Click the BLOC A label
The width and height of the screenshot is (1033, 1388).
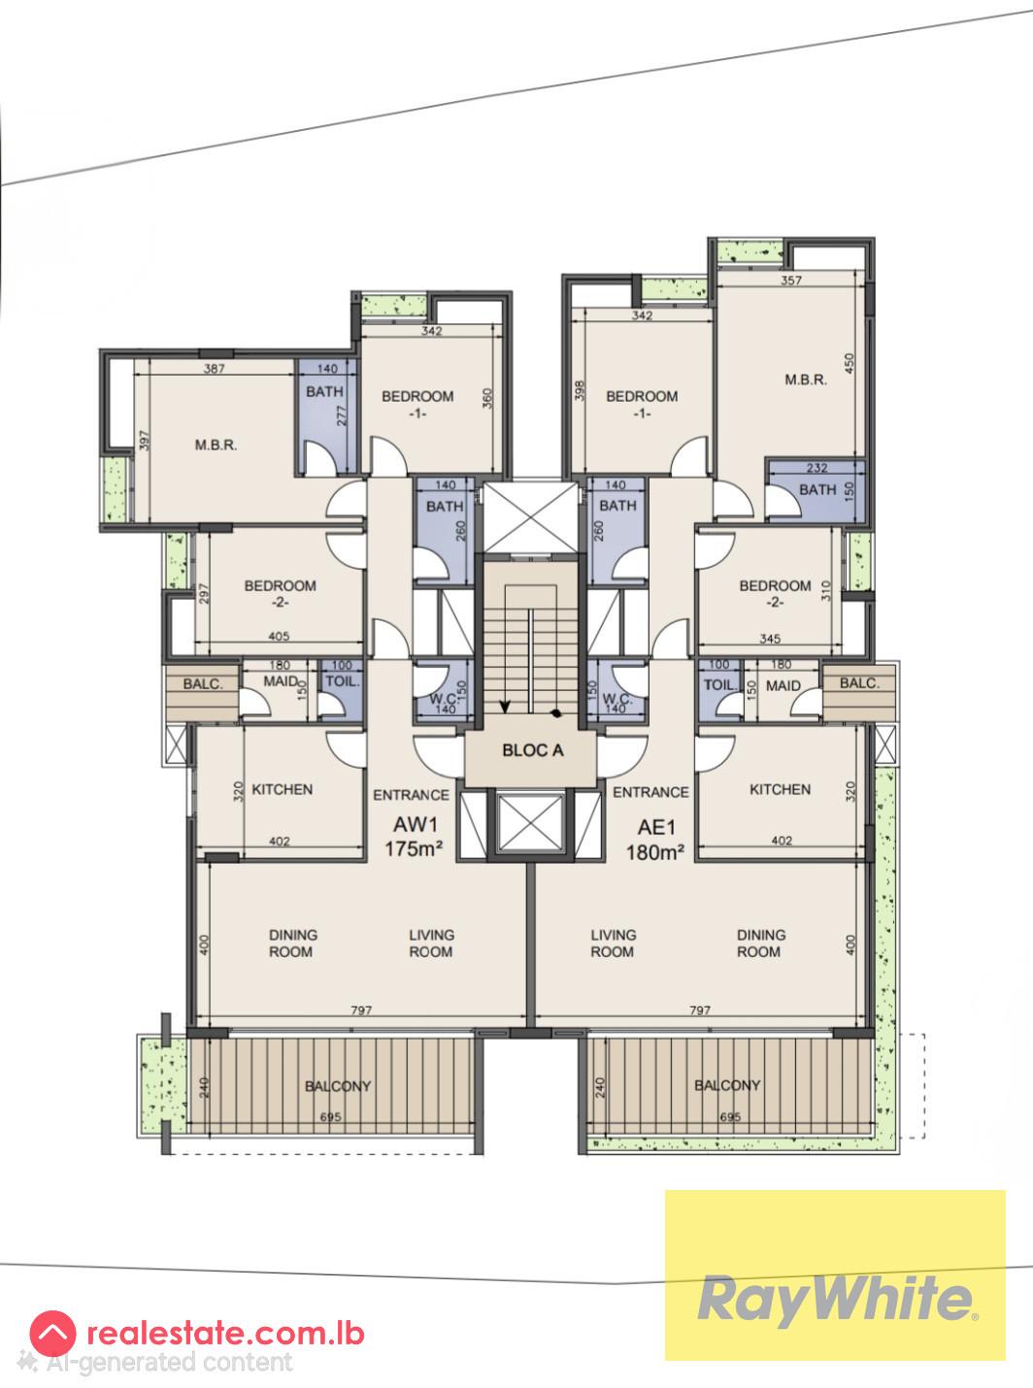point(532,750)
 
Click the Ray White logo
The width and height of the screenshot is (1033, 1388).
point(834,1300)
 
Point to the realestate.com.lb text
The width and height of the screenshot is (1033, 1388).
point(225,1333)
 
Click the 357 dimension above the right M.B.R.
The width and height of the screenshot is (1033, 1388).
point(793,281)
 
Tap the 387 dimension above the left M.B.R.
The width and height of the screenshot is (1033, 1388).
point(215,369)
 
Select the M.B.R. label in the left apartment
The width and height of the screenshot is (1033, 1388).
point(216,446)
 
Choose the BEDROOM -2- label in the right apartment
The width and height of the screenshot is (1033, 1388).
point(775,593)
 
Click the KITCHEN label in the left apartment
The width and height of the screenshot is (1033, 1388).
point(282,789)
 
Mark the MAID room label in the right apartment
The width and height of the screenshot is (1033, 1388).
point(783,686)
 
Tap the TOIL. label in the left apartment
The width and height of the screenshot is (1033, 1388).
point(342,682)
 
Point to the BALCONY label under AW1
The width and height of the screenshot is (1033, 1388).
point(338,1086)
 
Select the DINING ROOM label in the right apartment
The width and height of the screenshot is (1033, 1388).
point(760,943)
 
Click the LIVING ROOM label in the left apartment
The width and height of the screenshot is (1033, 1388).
point(431,943)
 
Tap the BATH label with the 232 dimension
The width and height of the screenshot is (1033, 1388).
point(817,489)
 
